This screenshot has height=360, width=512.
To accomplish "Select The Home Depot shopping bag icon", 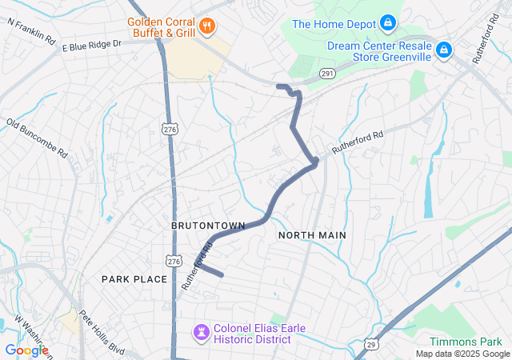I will point(388,23).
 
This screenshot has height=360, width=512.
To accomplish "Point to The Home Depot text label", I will point(334,24).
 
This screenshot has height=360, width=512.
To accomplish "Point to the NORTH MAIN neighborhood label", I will point(312,235).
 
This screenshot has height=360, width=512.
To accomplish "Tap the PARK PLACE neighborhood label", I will point(134,278).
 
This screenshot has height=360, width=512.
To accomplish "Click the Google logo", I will point(26,350).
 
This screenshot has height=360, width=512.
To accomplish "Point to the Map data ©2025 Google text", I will point(462,354).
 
